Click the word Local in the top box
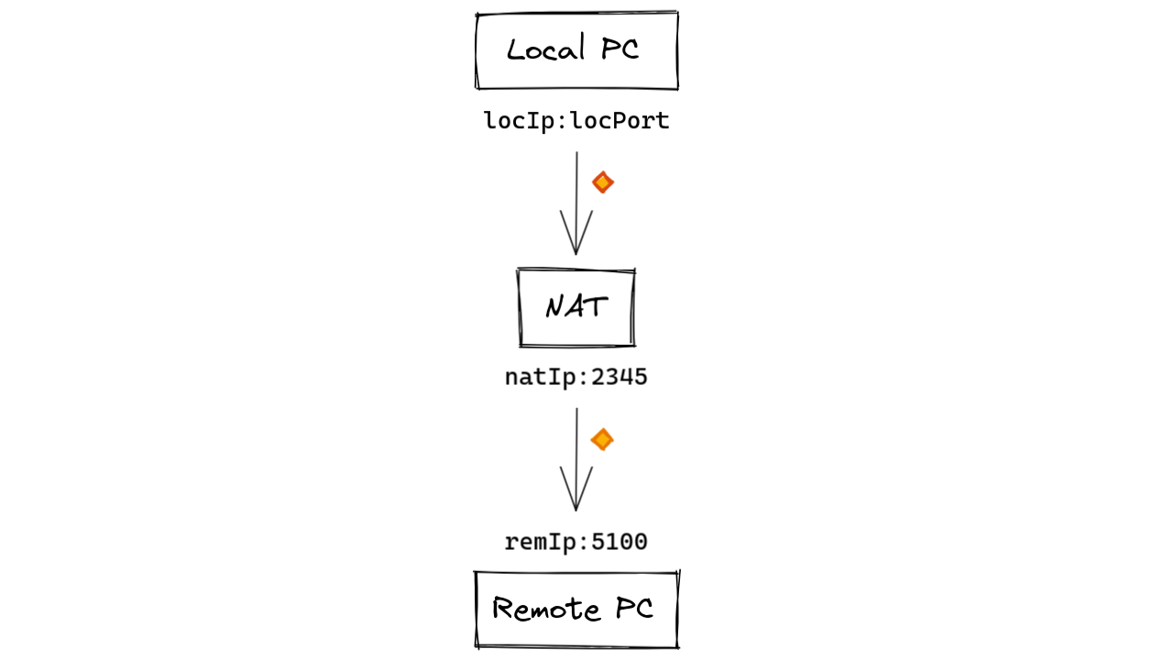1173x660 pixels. point(546,49)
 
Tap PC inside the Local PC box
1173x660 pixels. point(620,49)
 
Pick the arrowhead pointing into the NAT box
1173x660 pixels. point(576,240)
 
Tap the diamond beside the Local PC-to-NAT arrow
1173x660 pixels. point(602,182)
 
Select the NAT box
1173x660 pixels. point(576,308)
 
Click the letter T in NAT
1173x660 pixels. point(596,307)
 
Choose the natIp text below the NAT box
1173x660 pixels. point(534,378)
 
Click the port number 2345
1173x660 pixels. point(619,378)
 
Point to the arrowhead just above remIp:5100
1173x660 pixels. point(576,497)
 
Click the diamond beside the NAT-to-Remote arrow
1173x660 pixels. point(602,440)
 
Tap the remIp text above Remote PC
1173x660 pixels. point(534,543)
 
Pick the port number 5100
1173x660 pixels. point(619,543)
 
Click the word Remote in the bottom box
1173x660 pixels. point(547,609)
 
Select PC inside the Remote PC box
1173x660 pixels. point(634,609)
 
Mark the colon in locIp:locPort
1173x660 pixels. point(562,122)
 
